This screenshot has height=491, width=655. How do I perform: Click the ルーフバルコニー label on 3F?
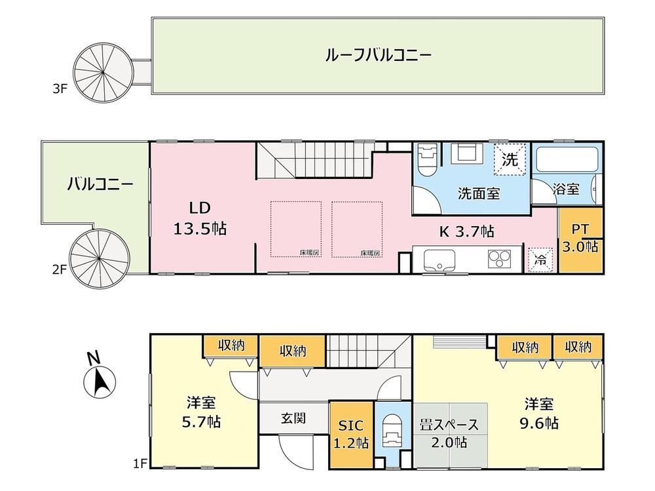point(378,55)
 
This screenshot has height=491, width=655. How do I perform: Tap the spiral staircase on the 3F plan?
point(103,72)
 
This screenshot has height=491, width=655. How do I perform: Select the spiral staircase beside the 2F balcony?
point(100,258)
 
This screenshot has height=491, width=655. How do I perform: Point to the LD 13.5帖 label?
point(200,218)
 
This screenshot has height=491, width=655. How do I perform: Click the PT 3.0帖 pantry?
point(580,241)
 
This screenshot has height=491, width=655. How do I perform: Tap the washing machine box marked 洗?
point(510,159)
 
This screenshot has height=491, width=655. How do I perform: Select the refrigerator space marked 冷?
point(540,260)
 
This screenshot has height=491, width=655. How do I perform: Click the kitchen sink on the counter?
point(439,261)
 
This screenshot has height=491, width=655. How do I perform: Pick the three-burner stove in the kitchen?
point(500,258)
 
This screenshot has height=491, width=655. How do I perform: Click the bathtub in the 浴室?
point(567,159)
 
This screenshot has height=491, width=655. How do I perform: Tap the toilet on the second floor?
point(427,160)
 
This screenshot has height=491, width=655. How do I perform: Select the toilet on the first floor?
point(392,434)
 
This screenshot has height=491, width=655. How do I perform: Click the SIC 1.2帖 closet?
point(351,435)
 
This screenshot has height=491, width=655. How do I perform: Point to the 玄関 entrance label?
point(293,418)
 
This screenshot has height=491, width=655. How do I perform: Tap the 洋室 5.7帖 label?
point(201,412)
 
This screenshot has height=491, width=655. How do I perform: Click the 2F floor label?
point(60,270)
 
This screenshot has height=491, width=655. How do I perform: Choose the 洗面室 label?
point(479,193)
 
